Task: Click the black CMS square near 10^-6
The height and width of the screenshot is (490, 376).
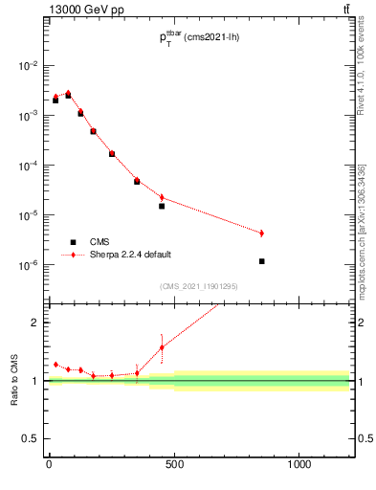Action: (x=261, y=261)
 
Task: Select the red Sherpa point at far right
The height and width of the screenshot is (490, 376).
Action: (x=261, y=234)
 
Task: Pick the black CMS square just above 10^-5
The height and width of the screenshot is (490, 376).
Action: (x=162, y=206)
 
